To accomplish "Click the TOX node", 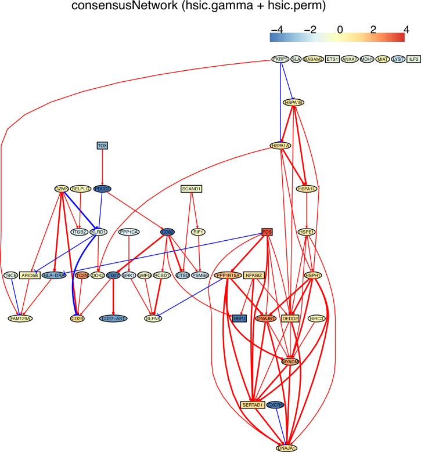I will coord(102,145).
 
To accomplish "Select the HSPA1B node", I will coord(294,102).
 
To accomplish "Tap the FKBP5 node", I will coord(281,59).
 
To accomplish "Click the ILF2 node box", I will coord(414,59).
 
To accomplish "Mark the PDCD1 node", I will coord(102,189).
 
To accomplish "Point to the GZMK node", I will coord(62,189).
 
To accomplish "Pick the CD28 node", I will coord(77,318).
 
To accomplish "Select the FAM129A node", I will coord(20,318).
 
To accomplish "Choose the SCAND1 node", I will coord(192,189).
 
